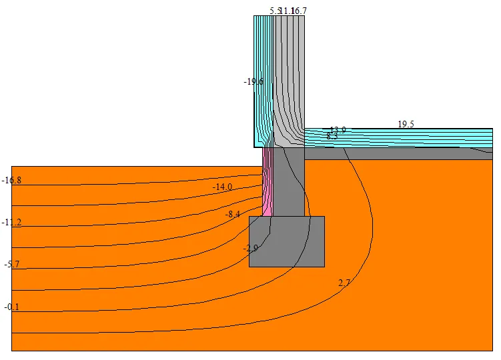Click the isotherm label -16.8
click(x=13, y=181)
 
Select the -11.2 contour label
click(x=13, y=223)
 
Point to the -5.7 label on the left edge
click(x=11, y=265)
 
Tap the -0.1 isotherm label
click(x=11, y=307)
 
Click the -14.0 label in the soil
click(x=222, y=187)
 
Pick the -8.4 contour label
click(x=232, y=215)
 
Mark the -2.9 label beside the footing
click(x=250, y=248)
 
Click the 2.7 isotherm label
click(x=344, y=283)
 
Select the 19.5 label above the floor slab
click(x=406, y=125)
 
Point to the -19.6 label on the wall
click(x=254, y=81)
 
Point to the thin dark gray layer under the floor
click(x=400, y=154)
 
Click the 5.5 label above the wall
click(x=275, y=11)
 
